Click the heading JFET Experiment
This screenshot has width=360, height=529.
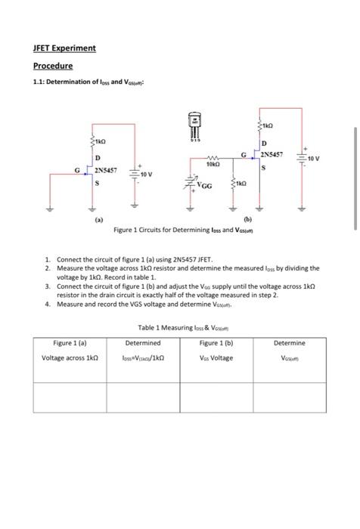(64, 48)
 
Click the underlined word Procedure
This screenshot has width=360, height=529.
(52, 66)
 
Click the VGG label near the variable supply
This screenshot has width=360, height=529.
(204, 184)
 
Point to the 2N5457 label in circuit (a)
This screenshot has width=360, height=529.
(106, 170)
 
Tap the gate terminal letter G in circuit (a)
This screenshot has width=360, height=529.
(76, 169)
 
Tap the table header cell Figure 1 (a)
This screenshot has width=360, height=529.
(69, 342)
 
